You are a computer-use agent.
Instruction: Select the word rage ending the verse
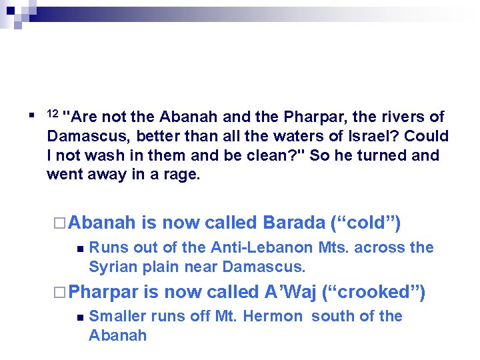tap(184, 175)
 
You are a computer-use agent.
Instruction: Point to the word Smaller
tap(117, 317)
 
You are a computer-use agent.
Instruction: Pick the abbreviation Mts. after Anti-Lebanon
tap(333, 248)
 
